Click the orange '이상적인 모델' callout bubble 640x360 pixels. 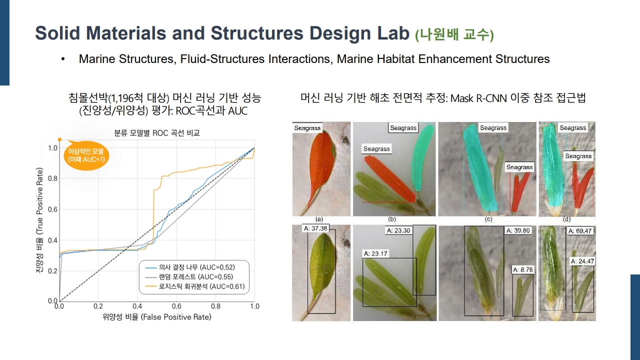point(86,155)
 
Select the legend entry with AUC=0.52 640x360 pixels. point(190,267)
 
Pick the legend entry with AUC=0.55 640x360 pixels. point(189,277)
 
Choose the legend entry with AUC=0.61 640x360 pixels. point(195,286)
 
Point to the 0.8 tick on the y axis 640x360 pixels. point(52,178)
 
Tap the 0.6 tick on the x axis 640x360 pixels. point(176,306)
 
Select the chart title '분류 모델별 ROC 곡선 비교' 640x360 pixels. point(157,133)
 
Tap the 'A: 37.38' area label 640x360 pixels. point(315,228)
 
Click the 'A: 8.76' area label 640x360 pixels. point(523,269)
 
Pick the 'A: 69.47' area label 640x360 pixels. point(580,231)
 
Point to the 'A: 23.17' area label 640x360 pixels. point(375,253)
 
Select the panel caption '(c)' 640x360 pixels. point(488,219)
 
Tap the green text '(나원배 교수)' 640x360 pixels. point(454,34)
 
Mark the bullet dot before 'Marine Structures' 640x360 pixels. point(63,59)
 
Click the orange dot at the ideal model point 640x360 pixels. point(59,139)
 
